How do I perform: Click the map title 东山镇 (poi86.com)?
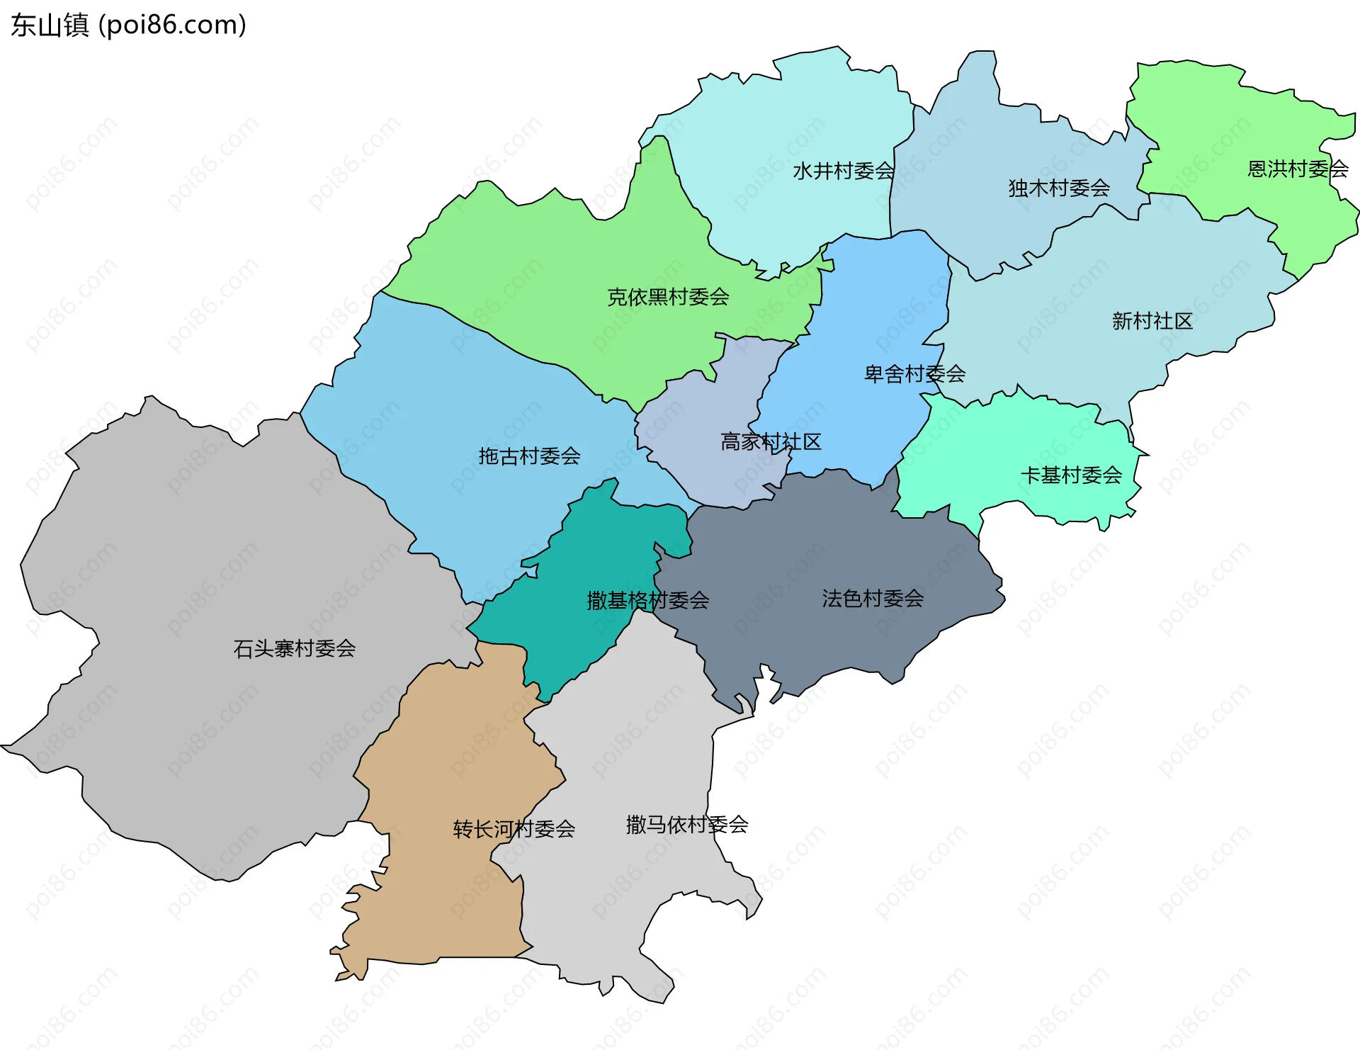pos(128,25)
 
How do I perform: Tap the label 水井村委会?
pos(843,171)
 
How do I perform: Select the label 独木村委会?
pos(1058,188)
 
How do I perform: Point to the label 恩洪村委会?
pos(1297,169)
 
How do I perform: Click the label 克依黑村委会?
pos(668,297)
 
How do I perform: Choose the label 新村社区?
pos(1152,321)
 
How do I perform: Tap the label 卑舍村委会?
pos(914,373)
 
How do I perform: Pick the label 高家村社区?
pos(771,441)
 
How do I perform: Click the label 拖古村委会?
pos(529,456)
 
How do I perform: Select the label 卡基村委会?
pos(1070,475)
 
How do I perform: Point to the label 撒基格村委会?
pos(647,600)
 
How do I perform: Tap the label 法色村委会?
pos(872,598)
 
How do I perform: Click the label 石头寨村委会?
pos(294,648)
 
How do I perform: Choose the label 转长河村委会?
pos(514,828)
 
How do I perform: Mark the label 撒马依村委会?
pos(686,824)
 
